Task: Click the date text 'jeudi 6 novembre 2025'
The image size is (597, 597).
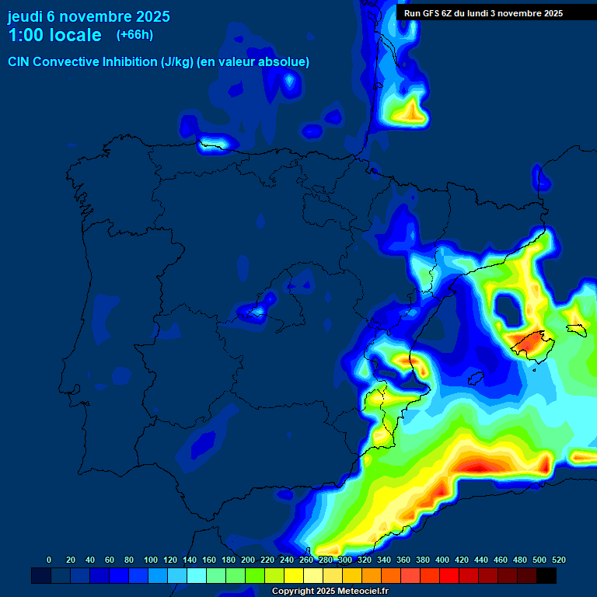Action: [x=89, y=16]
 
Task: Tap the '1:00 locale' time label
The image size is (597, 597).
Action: [x=54, y=35]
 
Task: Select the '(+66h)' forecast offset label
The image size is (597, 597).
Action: [x=134, y=34]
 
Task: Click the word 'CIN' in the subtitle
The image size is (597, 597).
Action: [x=19, y=61]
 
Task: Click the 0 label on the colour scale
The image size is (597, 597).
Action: [x=49, y=560]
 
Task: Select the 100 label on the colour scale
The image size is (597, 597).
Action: [x=151, y=560]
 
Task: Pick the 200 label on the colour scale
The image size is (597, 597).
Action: [x=248, y=560]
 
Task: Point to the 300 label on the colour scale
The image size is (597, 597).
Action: [x=345, y=560]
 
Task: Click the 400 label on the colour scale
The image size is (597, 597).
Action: [x=442, y=560]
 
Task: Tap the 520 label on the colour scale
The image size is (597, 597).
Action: [x=558, y=560]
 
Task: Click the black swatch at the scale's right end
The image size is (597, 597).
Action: [x=546, y=575]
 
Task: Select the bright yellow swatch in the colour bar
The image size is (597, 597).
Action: [x=294, y=575]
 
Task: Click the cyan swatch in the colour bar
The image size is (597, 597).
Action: [x=197, y=575]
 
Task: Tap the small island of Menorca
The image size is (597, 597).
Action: [x=576, y=330]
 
